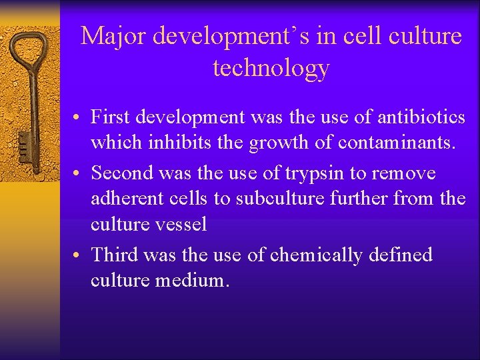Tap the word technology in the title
tap(271, 68)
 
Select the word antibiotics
tap(421, 117)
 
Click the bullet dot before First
tap(78, 118)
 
